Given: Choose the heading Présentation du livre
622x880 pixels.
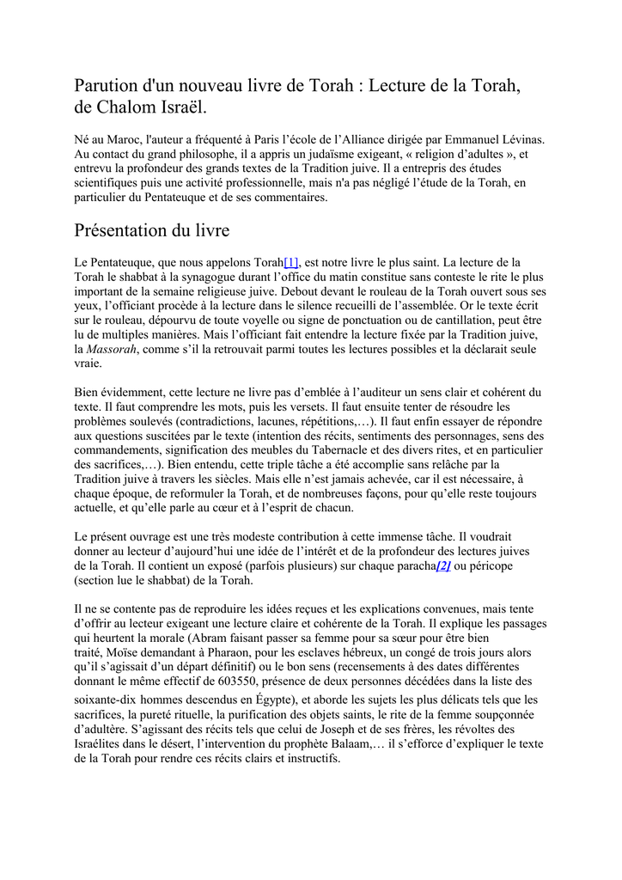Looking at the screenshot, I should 151,230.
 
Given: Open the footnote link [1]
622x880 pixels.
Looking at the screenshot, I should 291,261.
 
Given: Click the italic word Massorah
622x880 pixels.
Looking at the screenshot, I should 113,349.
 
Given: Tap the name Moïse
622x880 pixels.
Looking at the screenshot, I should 125,653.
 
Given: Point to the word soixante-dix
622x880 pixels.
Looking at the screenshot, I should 104,700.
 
